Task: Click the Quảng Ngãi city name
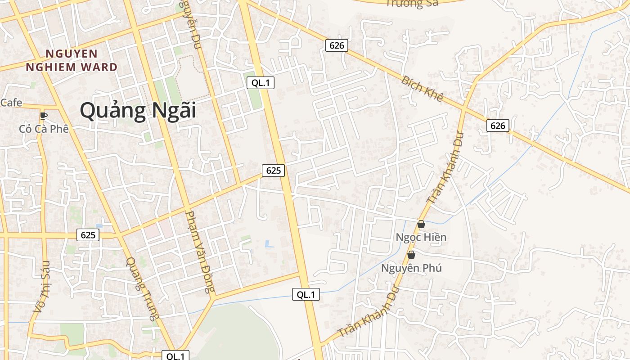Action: tap(138, 110)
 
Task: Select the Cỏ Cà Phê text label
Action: tap(44, 129)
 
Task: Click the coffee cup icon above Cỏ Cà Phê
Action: tap(44, 116)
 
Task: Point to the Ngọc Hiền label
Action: tap(421, 237)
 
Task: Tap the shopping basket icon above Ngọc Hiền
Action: tap(421, 224)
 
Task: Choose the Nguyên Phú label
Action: tap(411, 268)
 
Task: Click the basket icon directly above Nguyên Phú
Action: tap(411, 255)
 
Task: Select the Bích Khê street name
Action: tap(422, 89)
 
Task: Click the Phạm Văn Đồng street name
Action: tap(201, 252)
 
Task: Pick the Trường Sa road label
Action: tap(412, 4)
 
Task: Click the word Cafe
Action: tap(11, 103)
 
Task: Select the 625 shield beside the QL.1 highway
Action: tap(273, 170)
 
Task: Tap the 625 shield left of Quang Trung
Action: tap(88, 234)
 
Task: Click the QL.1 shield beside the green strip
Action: tap(260, 82)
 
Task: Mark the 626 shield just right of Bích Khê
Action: tap(497, 126)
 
